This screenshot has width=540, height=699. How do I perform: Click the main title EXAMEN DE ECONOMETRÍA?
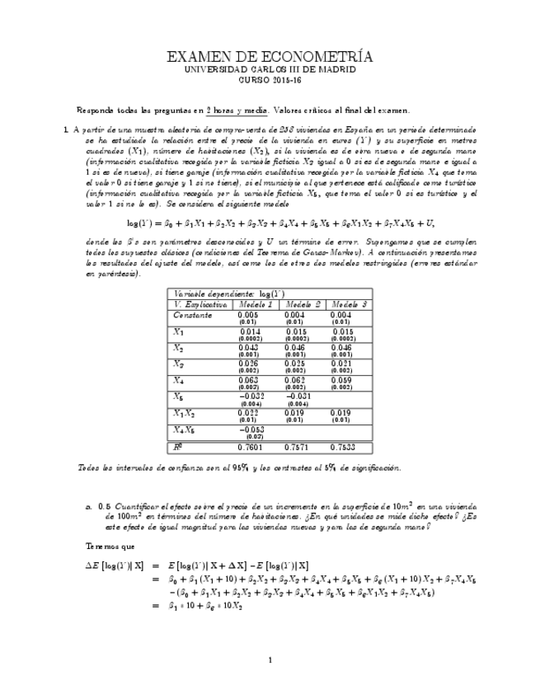pos(270,57)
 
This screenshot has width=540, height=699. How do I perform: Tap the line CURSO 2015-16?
pos(270,81)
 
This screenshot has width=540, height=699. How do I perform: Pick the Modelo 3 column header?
pos(348,304)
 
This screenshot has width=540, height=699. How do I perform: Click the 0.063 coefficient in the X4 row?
pos(248,379)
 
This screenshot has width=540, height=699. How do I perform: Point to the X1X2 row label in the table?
pos(185,412)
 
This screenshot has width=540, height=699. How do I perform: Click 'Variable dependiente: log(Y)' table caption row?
pos(223,293)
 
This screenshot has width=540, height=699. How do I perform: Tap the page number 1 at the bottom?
pos(270,659)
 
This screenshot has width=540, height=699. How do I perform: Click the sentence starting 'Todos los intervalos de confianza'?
pos(239,467)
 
